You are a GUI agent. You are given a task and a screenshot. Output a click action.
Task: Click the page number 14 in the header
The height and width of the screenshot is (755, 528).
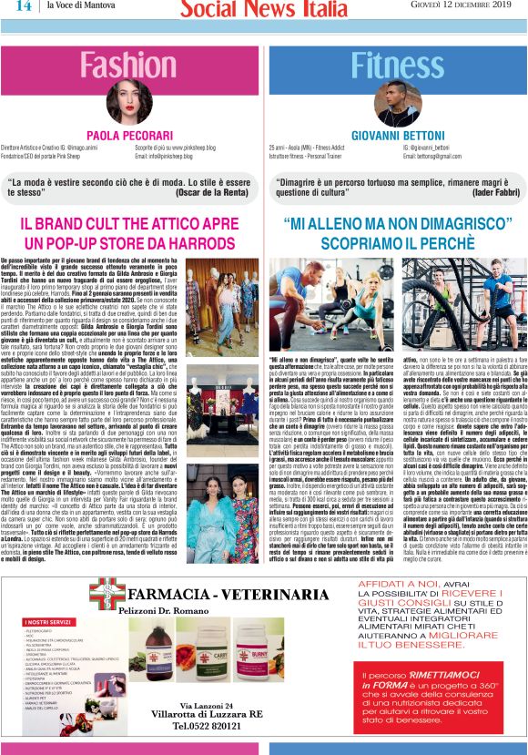23,8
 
